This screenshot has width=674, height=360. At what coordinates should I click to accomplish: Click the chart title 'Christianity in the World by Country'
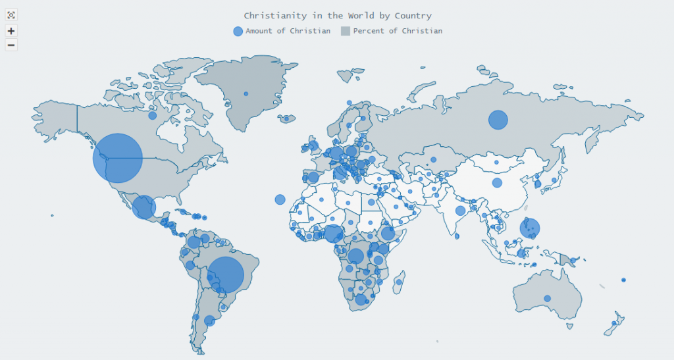[337, 15]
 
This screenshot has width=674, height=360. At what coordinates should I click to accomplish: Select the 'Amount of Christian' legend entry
[282, 31]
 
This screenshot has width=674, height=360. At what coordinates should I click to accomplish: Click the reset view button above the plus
[11, 15]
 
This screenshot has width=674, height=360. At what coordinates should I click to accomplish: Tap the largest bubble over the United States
[118, 158]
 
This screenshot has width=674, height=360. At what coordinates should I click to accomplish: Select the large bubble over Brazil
[226, 275]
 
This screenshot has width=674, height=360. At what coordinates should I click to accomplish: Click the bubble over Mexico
[143, 207]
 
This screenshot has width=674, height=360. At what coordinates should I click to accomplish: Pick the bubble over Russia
[498, 120]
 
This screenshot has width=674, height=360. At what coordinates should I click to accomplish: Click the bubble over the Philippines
[529, 228]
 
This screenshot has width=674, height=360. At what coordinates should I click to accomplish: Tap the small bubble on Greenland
[246, 93]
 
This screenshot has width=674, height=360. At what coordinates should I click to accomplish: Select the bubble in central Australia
[547, 298]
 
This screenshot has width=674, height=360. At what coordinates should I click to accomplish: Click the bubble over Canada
[152, 115]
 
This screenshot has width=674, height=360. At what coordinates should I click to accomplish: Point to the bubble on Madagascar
[399, 282]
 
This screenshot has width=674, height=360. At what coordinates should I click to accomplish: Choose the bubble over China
[497, 182]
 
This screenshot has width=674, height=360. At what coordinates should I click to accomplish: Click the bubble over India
[460, 211]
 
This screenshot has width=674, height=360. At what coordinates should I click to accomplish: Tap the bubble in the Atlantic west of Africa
[280, 199]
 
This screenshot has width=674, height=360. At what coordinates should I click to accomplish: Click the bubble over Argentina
[209, 321]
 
